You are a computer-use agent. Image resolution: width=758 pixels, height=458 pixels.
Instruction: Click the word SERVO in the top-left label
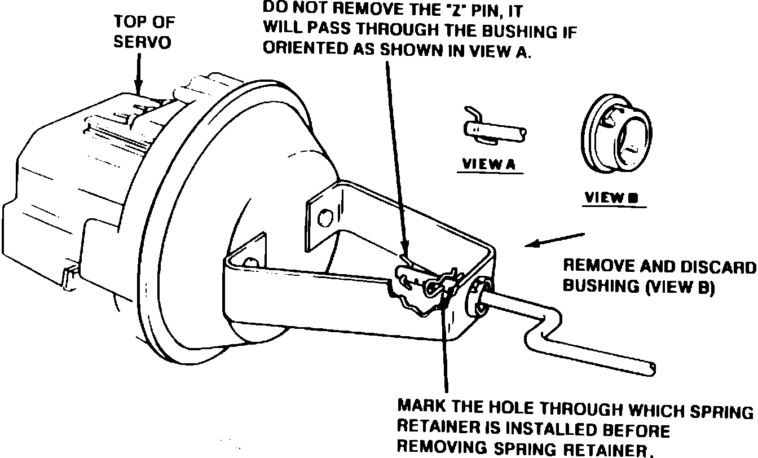(142, 43)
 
